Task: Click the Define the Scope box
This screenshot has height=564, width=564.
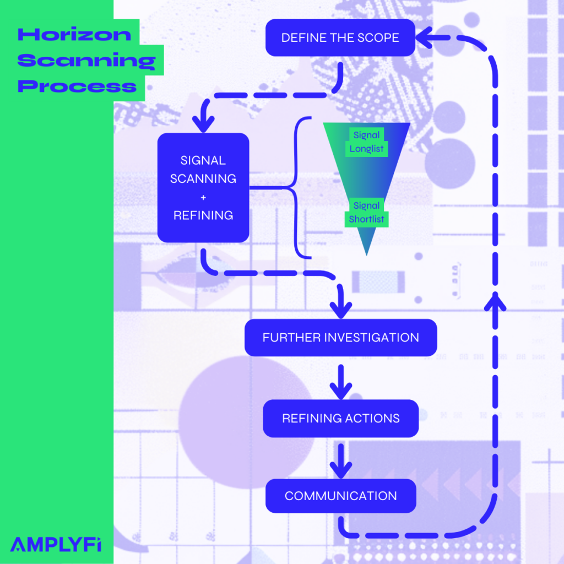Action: (x=340, y=38)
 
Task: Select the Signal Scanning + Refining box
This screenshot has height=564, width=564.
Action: (x=203, y=187)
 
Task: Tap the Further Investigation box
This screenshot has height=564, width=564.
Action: (x=340, y=337)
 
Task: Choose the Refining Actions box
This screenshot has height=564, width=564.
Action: (x=340, y=418)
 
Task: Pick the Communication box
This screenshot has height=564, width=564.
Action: (x=340, y=496)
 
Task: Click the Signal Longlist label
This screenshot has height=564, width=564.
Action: (x=366, y=142)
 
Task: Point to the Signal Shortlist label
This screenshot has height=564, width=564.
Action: (x=366, y=213)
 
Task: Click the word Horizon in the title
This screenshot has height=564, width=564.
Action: (x=74, y=35)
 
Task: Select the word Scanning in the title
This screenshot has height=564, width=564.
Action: (x=86, y=60)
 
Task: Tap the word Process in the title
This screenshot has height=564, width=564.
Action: (x=77, y=86)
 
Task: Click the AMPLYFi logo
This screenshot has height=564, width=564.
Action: (x=56, y=544)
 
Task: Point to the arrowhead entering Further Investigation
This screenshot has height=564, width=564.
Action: (x=343, y=308)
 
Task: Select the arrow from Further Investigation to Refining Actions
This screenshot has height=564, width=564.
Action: (x=341, y=381)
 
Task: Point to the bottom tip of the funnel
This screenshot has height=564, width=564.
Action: (x=366, y=253)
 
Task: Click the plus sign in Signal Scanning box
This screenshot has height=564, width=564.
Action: (x=203, y=197)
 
